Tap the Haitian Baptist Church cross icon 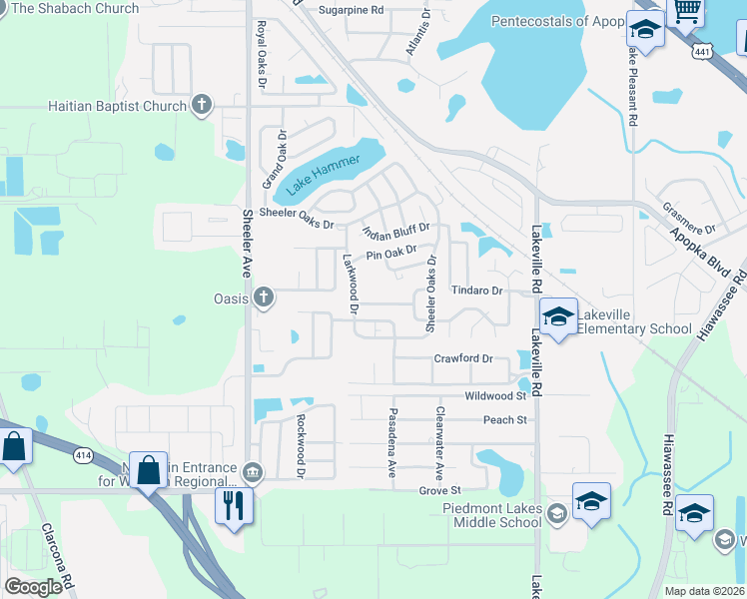click(x=202, y=105)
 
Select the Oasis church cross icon click(x=264, y=297)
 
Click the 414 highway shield click(x=83, y=455)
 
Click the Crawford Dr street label click(x=463, y=358)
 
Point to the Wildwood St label click(x=495, y=396)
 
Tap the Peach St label click(x=504, y=420)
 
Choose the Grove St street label click(x=439, y=490)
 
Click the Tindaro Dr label click(x=474, y=291)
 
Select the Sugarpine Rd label click(x=351, y=10)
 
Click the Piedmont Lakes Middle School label click(x=497, y=515)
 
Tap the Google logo click(x=33, y=586)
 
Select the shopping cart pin click(x=687, y=10)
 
